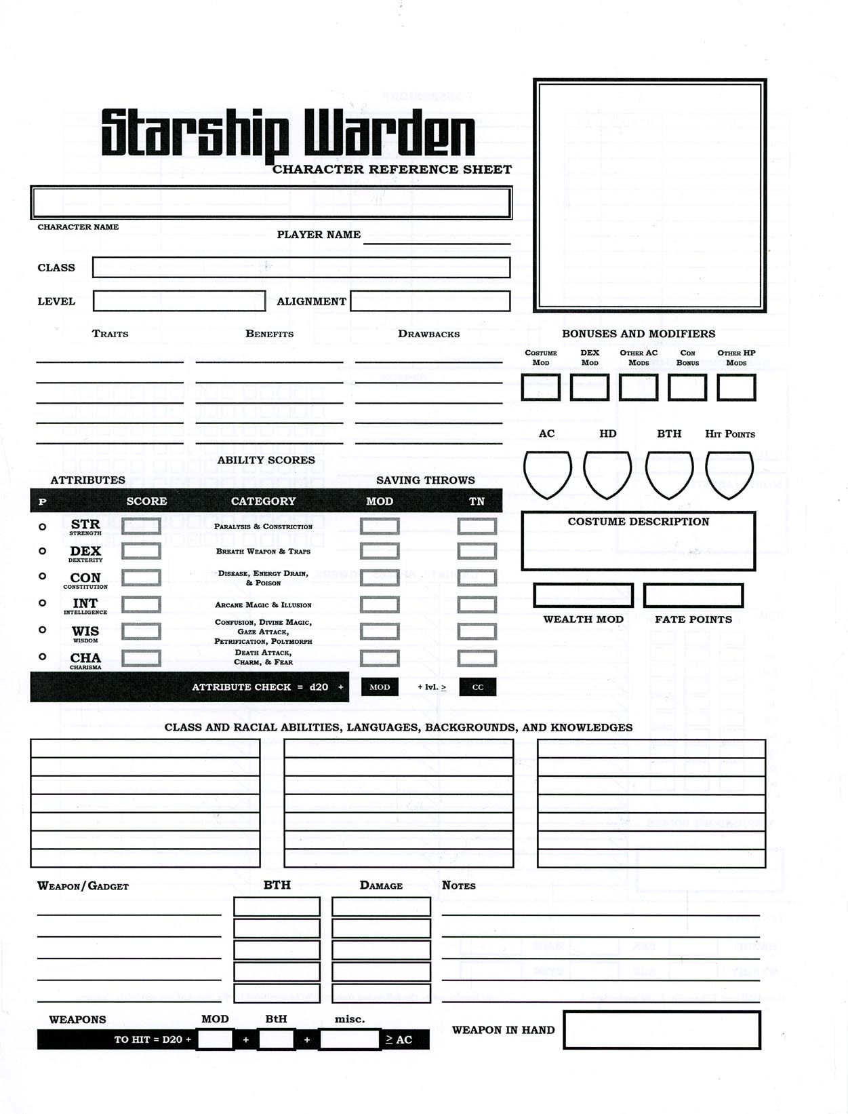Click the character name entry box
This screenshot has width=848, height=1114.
[270, 202]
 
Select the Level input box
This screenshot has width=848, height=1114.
[179, 301]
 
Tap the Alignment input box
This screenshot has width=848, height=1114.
[430, 301]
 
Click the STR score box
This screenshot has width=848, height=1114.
[141, 526]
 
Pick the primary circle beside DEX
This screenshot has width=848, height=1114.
[42, 551]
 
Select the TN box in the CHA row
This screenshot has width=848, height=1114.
[477, 658]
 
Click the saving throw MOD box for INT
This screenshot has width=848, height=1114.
[380, 604]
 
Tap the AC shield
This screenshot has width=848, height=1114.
[547, 473]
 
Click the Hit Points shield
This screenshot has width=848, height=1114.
[729, 473]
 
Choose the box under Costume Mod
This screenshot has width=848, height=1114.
[541, 387]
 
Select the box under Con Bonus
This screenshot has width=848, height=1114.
[687, 387]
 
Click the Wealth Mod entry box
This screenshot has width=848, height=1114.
[583, 596]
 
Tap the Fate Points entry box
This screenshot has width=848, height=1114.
[693, 596]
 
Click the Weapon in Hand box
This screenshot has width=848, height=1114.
[662, 1030]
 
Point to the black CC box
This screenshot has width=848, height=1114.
[478, 687]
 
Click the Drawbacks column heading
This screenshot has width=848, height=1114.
[428, 334]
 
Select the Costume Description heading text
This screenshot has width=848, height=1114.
[639, 522]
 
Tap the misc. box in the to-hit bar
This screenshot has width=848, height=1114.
[349, 1039]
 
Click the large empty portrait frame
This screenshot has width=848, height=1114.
[649, 195]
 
